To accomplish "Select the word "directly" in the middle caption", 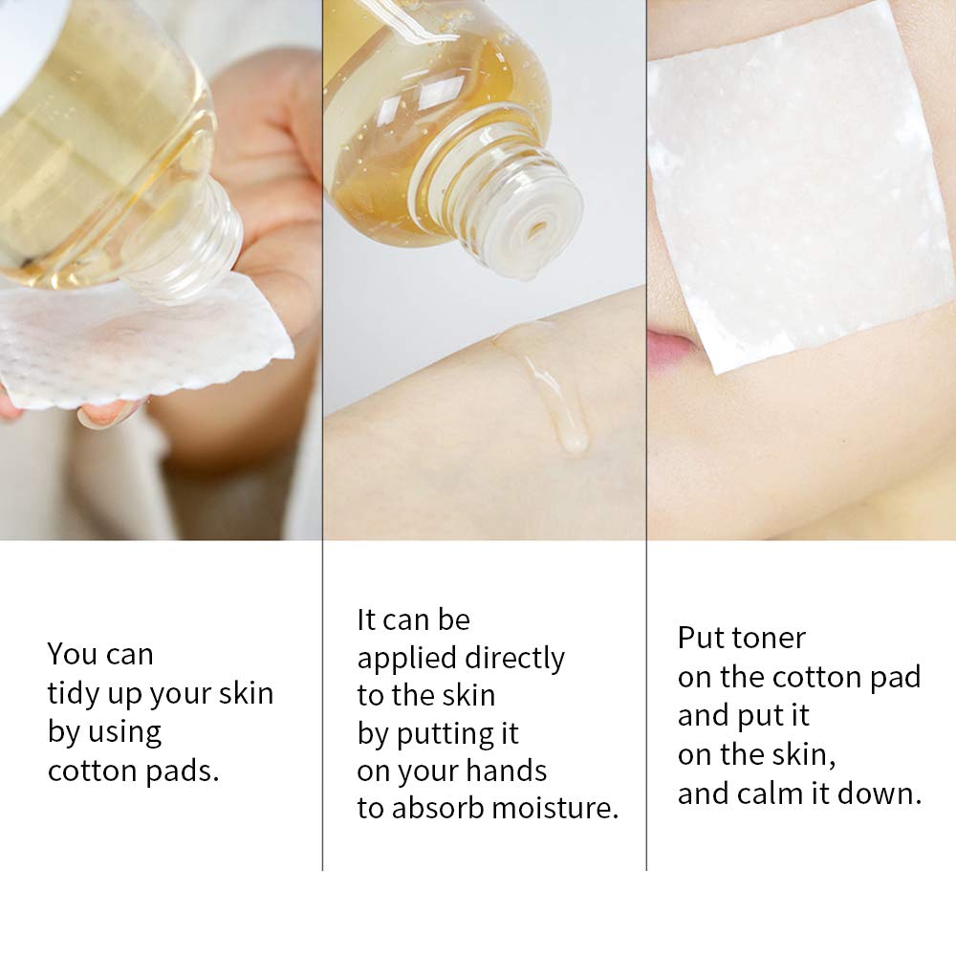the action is click(514, 659).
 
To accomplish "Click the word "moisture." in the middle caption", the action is click(554, 809).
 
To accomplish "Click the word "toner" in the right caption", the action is click(769, 639).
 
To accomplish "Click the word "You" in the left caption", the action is click(72, 655).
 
